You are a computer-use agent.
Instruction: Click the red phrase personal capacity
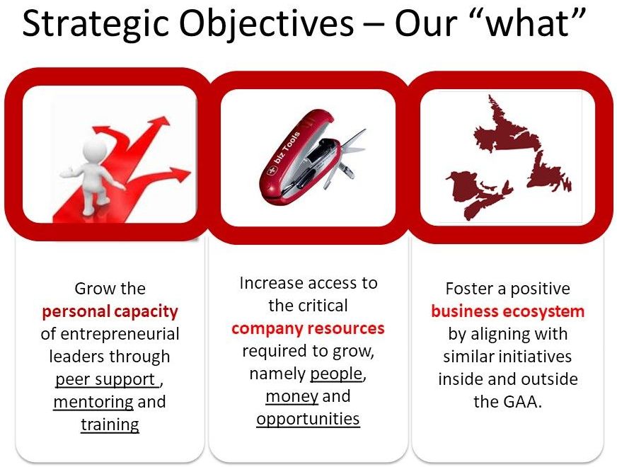tap(110, 311)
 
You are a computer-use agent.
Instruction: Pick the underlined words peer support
tap(106, 379)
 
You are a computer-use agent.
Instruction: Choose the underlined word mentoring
tap(93, 402)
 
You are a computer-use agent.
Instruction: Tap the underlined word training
tap(110, 425)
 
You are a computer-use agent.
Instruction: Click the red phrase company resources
tap(308, 328)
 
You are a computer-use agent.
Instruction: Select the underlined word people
tap(335, 374)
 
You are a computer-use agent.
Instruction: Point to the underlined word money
tap(292, 396)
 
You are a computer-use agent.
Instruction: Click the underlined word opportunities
tap(308, 419)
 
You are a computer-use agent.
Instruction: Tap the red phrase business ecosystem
tap(507, 311)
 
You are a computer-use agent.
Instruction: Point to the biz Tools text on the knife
tap(287, 149)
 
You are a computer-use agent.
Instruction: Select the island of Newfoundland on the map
tap(548, 171)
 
